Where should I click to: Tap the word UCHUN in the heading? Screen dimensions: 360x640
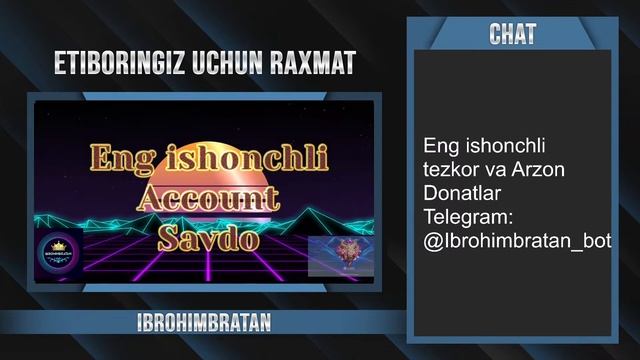(x=221, y=66)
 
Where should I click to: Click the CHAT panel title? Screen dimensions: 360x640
(x=512, y=35)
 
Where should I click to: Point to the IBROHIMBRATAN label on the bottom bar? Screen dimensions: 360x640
(x=204, y=323)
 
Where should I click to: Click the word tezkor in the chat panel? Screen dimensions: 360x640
(x=447, y=170)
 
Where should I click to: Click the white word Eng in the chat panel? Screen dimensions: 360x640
(x=440, y=146)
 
